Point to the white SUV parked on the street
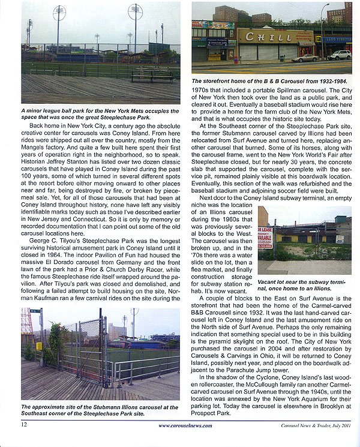coord(340,55)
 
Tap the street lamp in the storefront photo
coord(323,30)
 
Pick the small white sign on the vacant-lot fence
coord(339,239)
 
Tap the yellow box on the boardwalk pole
coord(39,346)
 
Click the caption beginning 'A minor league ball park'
coord(100,114)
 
